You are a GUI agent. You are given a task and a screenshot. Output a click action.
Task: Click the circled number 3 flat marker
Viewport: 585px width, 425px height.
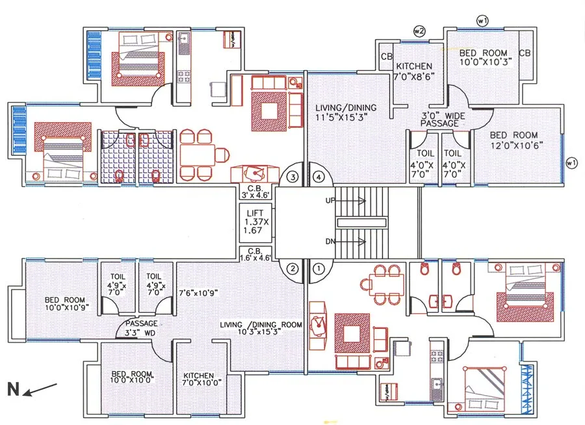pyautogui.click(x=293, y=176)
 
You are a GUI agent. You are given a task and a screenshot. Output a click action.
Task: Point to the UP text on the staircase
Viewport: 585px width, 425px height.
pyautogui.click(x=331, y=201)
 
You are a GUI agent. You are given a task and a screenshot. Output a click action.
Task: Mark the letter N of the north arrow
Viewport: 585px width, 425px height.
pyautogui.click(x=13, y=390)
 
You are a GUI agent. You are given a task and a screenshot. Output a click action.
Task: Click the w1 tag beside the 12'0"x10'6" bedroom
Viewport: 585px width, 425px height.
pyautogui.click(x=571, y=162)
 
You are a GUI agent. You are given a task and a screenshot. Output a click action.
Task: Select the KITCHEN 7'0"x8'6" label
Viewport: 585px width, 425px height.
pyautogui.click(x=414, y=71)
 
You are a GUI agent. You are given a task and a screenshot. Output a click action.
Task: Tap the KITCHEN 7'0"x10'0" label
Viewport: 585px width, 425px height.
pyautogui.click(x=203, y=380)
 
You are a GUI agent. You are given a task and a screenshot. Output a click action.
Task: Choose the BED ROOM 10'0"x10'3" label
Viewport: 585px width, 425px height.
pyautogui.click(x=486, y=57)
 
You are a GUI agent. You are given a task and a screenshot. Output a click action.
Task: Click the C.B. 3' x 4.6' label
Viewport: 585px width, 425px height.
pyautogui.click(x=255, y=191)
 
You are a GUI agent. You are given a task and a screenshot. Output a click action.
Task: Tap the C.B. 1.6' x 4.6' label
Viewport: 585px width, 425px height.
pyautogui.click(x=255, y=253)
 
